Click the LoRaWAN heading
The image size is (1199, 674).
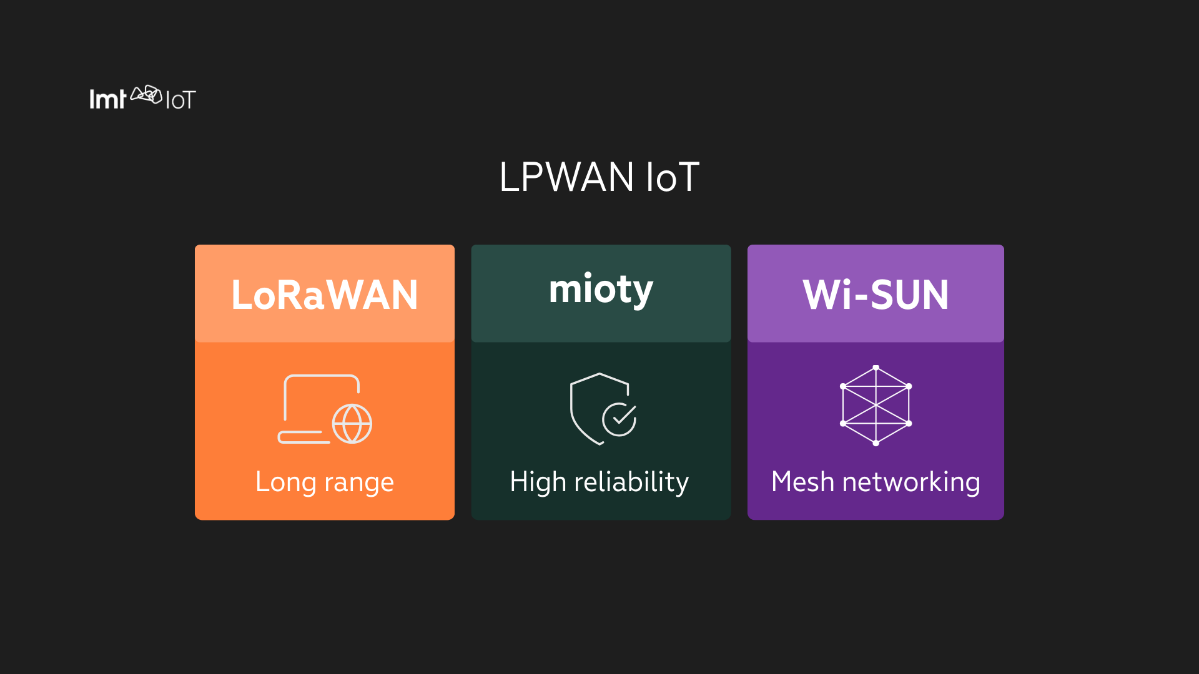[324, 295]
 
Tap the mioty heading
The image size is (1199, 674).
[601, 290]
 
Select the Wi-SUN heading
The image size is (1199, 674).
[876, 295]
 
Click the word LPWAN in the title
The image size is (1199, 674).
[566, 177]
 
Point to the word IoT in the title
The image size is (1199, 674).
[672, 177]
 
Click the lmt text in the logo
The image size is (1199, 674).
[107, 99]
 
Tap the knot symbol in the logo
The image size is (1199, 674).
[146, 95]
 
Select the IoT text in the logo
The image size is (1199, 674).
[180, 100]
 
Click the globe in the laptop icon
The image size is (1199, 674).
[352, 424]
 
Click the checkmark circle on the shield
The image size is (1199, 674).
[619, 419]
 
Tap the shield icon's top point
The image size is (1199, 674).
[599, 374]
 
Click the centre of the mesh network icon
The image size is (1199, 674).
[876, 405]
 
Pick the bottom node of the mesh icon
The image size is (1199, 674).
[876, 443]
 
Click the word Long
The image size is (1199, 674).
[286, 482]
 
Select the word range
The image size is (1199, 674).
[359, 482]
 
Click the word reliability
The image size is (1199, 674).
[631, 482]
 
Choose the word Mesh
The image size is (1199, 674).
[802, 482]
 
